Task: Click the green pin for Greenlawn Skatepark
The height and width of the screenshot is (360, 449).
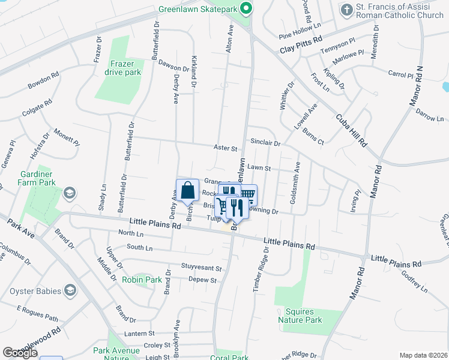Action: coord(245,9)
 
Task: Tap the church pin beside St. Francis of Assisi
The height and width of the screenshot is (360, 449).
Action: coord(346,10)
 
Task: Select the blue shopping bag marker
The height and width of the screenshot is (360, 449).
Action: coord(187,190)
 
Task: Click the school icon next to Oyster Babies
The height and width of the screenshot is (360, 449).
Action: coord(71,291)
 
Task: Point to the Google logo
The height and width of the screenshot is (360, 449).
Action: coord(20,353)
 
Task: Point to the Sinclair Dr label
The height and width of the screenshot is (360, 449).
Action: coord(265,143)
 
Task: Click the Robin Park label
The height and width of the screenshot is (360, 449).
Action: coord(142,280)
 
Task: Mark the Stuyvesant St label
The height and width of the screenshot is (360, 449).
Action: coord(202,268)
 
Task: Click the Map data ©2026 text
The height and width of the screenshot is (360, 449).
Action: coord(423,355)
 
